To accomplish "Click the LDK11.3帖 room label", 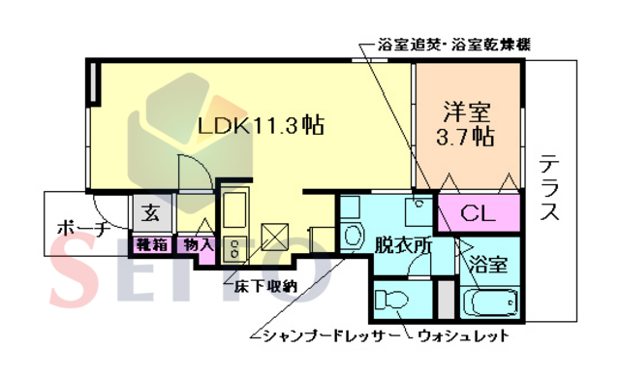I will pos(261,126).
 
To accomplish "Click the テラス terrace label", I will pos(549,189).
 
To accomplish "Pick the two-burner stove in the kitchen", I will pos(233,247).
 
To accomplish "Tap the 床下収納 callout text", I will pos(264,286).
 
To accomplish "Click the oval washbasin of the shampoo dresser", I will pos(351,235).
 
